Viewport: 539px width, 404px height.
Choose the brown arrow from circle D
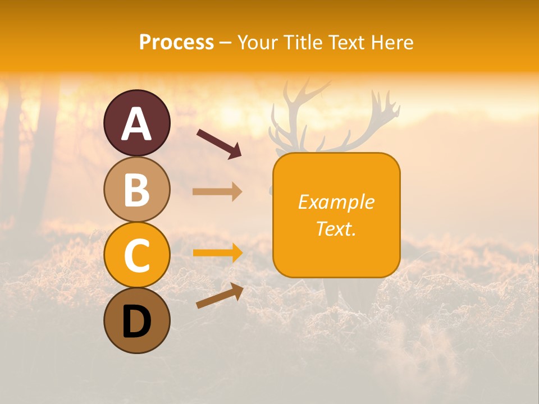point(220,296)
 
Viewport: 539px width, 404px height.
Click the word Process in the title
point(176,42)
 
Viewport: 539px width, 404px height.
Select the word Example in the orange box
point(336,202)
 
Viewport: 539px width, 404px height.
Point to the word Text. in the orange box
point(336,228)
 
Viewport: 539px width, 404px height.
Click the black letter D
point(136,322)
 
